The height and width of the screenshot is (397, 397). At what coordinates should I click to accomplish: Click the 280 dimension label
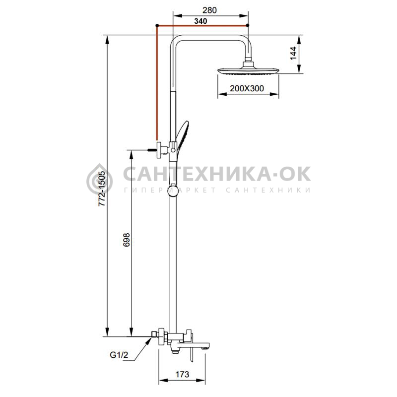pos(209,10)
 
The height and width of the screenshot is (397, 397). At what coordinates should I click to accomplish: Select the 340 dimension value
pos(200,21)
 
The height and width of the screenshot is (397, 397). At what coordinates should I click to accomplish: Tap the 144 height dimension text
pos(293,53)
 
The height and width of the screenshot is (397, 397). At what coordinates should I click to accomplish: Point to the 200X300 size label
pos(247,88)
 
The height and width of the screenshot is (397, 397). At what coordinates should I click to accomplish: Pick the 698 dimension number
pos(127,240)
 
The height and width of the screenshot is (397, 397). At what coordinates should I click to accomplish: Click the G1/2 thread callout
pos(119,355)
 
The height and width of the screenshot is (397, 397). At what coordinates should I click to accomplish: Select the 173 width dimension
pos(182,374)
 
